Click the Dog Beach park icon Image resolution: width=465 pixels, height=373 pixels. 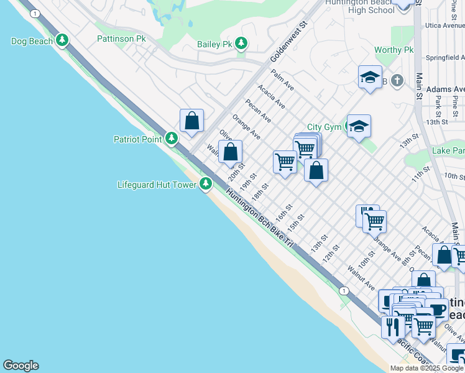point(62,41)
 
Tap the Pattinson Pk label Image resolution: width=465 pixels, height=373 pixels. point(121,39)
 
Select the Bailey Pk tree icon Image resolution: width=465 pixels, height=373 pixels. point(241,44)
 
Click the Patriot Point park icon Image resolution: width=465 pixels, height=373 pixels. point(172,139)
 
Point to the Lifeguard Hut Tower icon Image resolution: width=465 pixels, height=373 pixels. point(206,184)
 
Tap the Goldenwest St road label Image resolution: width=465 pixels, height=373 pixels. point(289,43)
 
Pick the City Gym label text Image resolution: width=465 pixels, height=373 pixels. point(324,127)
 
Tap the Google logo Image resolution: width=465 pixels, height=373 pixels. point(21,366)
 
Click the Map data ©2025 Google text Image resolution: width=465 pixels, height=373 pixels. point(427,368)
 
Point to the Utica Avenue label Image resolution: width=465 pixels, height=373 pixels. point(445,26)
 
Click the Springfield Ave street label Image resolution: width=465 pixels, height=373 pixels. point(445,58)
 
